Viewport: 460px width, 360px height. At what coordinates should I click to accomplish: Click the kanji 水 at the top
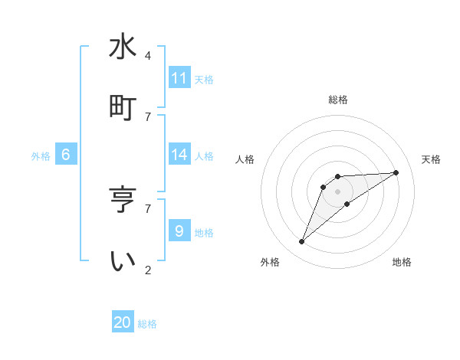pyautogui.click(x=123, y=47)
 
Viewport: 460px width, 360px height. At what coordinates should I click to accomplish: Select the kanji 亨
pyautogui.click(x=123, y=200)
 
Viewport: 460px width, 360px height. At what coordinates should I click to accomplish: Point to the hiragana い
pyautogui.click(x=123, y=261)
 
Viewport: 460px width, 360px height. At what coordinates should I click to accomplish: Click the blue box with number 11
pyautogui.click(x=179, y=78)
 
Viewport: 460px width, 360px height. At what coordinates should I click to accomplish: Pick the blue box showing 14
pyautogui.click(x=179, y=155)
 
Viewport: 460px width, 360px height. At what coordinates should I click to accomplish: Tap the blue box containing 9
pyautogui.click(x=179, y=231)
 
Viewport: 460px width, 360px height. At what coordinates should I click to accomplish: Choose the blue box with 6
pyautogui.click(x=66, y=155)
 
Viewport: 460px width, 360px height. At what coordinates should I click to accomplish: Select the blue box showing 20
pyautogui.click(x=123, y=322)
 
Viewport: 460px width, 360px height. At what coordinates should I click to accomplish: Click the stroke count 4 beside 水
pyautogui.click(x=148, y=56)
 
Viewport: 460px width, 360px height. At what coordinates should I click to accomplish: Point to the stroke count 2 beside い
pyautogui.click(x=148, y=270)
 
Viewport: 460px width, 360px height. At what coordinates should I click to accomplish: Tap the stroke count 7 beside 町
pyautogui.click(x=148, y=116)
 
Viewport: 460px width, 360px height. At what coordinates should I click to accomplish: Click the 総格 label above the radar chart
pyautogui.click(x=338, y=100)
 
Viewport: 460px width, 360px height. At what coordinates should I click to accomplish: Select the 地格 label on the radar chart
pyautogui.click(x=402, y=262)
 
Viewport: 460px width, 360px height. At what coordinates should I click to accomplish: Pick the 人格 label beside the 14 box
pyautogui.click(x=204, y=155)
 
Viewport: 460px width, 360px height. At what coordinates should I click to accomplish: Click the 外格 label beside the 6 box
pyautogui.click(x=41, y=155)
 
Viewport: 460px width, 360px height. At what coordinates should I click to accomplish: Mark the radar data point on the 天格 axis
pyautogui.click(x=396, y=172)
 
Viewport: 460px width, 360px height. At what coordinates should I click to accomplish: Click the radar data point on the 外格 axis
pyautogui.click(x=302, y=242)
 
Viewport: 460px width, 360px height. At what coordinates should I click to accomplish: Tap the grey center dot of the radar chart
pyautogui.click(x=338, y=191)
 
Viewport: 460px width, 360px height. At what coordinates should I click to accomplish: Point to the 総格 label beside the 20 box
pyautogui.click(x=147, y=324)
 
